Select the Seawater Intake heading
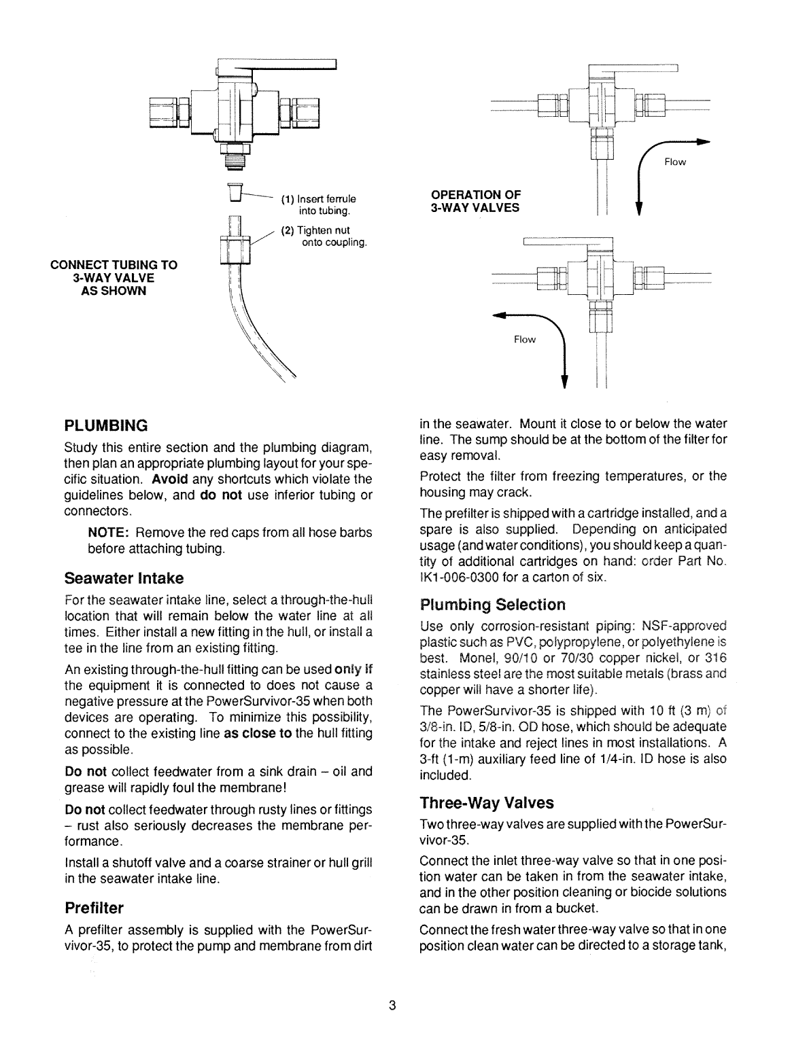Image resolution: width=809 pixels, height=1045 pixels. point(124,578)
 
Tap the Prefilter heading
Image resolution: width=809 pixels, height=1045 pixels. point(94,908)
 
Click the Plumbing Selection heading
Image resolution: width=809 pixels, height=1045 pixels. point(493,604)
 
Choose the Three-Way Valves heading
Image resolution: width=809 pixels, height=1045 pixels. point(487,803)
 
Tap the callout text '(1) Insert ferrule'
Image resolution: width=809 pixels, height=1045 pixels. point(319,199)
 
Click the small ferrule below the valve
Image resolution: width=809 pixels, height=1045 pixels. point(236,192)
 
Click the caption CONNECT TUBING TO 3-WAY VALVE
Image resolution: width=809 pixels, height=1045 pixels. point(114,277)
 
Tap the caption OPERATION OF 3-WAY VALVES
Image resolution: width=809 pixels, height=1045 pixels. point(475,202)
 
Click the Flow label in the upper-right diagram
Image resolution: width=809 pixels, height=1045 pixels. point(675,162)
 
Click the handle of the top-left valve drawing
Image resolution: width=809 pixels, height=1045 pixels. point(286,65)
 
